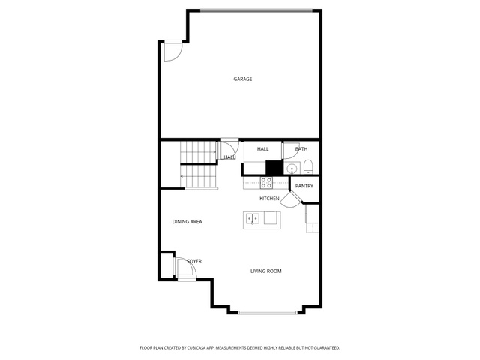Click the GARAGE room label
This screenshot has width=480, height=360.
click(243, 79)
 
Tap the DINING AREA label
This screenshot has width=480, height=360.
click(187, 222)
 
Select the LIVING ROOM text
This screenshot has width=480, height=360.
click(266, 271)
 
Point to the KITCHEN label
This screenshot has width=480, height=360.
click(269, 199)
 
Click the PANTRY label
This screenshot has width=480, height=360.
click(304, 186)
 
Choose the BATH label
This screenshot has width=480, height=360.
click(301, 149)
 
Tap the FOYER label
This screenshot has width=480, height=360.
click(194, 261)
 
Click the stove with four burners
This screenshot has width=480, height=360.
click(266, 183)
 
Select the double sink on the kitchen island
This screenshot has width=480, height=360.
click(253, 218)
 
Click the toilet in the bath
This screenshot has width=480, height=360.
click(308, 166)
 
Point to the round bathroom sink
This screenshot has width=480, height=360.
click(292, 169)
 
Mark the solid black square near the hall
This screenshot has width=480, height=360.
click(274, 168)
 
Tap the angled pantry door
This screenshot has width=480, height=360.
click(291, 200)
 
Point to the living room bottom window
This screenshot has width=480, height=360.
click(268, 313)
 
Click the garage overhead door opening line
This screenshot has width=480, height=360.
click(256, 10)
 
